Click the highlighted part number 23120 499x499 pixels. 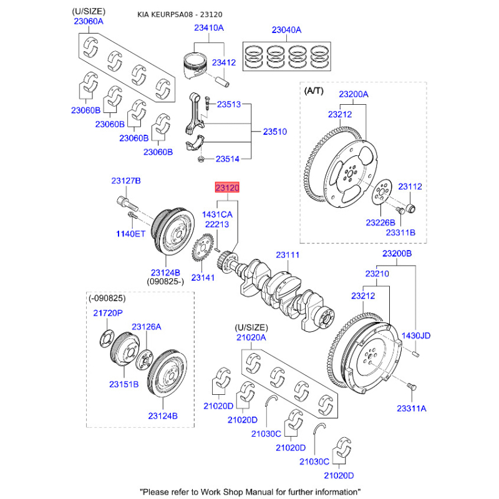point(227,187)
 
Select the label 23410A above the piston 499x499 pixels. point(208,28)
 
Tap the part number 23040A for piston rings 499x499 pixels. point(286,29)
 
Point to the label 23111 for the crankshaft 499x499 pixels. point(288,255)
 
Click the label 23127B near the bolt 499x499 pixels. point(126,181)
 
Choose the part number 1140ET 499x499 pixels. point(130,233)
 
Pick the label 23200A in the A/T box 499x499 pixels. point(354,94)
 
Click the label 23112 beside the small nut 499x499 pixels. point(410,187)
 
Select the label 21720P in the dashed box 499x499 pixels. point(109,313)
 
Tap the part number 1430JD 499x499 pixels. point(416,336)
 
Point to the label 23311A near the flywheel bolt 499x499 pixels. point(411,408)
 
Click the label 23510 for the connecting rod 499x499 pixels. point(274,132)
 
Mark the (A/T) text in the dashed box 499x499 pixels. point(314,91)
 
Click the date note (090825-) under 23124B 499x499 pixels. point(165,282)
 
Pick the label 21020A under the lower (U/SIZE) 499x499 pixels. point(251,337)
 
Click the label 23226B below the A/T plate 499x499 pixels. point(380,223)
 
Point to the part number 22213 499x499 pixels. point(217,225)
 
